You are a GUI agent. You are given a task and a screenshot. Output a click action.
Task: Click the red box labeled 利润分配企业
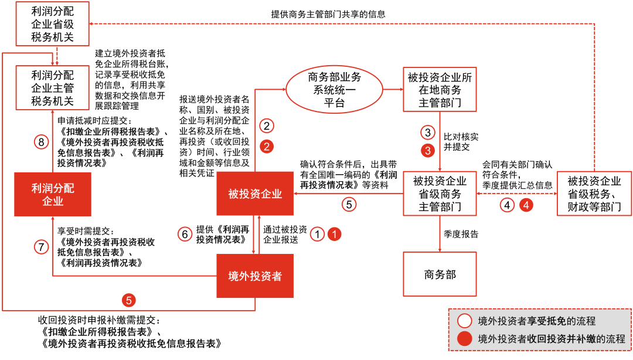(x=53, y=194)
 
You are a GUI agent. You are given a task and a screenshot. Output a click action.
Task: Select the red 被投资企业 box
(x=255, y=194)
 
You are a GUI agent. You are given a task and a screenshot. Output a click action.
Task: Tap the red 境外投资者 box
(x=255, y=275)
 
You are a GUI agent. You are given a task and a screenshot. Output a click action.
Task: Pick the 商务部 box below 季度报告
(x=440, y=274)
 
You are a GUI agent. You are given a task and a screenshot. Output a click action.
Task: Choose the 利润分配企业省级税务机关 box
(x=53, y=24)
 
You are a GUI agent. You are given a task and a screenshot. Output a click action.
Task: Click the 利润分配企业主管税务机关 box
(x=53, y=88)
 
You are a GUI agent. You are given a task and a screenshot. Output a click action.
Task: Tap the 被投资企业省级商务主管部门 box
(x=440, y=193)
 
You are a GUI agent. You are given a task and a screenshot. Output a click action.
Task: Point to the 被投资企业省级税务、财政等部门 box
(x=594, y=193)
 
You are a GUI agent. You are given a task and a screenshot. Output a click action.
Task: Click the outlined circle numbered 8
(x=41, y=142)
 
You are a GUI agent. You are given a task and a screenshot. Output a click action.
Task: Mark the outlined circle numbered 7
(x=41, y=247)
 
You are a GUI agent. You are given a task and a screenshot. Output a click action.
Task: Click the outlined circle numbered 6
(x=185, y=234)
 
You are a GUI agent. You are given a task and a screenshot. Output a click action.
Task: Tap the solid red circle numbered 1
(x=334, y=234)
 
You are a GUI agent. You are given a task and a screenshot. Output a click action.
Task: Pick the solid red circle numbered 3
(x=428, y=150)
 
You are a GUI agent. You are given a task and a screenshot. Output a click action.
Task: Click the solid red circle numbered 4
(x=527, y=206)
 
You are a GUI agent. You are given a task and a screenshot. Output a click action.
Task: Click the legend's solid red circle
(x=465, y=338)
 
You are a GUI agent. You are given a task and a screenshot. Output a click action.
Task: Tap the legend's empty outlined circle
(x=465, y=321)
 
